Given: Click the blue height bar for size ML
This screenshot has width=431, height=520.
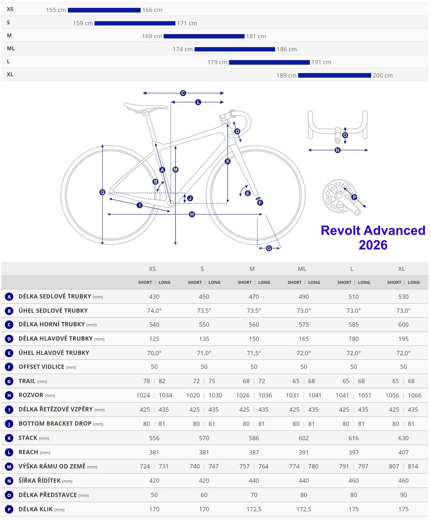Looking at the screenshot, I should click(235, 49).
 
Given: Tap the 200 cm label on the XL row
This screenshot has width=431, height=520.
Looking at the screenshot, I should click(383, 76).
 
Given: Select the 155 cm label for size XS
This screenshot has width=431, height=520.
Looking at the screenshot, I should click(56, 10).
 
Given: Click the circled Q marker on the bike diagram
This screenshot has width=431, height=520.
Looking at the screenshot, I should click(102, 192).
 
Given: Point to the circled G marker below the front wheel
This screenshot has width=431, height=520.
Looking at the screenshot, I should click(269, 248).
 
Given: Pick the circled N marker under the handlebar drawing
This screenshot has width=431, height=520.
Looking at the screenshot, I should click(337, 150).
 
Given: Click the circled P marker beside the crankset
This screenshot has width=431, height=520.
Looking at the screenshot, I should click(354, 197).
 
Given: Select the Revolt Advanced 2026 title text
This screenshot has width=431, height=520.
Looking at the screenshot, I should click(373, 237).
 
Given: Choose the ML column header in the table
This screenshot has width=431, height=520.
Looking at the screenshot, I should click(302, 269).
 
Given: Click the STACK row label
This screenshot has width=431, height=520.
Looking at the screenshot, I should click(28, 438).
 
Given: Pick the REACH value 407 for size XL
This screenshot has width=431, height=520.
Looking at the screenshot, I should click(403, 452).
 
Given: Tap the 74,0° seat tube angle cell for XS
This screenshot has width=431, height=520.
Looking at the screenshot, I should click(154, 310).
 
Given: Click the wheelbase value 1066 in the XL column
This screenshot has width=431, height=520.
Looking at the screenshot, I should click(414, 395).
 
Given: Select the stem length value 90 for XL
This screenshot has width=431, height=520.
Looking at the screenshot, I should click(403, 495).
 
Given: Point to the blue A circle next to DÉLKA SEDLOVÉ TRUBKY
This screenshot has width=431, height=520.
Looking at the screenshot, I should click(9, 296).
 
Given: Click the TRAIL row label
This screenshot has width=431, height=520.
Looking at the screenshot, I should click(27, 381).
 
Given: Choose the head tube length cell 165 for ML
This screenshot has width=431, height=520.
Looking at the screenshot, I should click(304, 339).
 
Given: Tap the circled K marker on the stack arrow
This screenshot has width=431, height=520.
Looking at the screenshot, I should click(228, 161).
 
